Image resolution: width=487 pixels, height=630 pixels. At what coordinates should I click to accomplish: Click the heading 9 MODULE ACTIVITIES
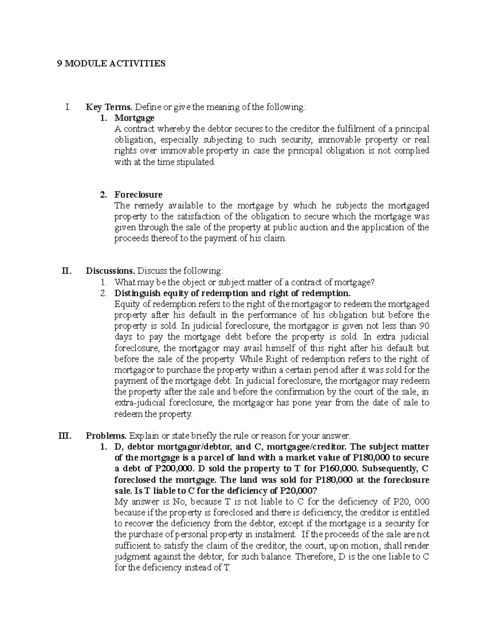coord(111,64)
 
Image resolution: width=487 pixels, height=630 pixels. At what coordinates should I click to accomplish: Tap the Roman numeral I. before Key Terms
coord(67,108)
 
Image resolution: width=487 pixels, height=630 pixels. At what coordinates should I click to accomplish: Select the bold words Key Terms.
coord(109,108)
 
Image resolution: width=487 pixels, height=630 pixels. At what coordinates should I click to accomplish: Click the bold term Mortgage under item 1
coord(134,118)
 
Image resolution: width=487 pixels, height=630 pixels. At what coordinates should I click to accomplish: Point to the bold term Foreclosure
coord(138,195)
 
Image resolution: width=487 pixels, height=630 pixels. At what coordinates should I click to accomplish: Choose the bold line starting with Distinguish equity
coord(232,293)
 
